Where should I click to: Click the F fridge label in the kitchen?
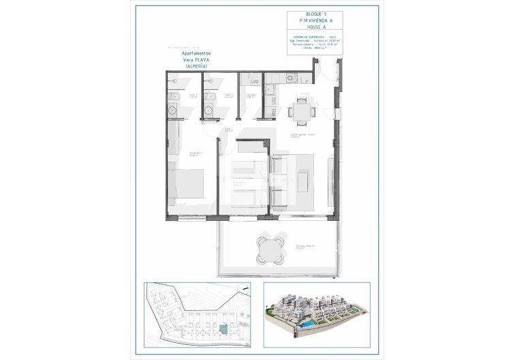(309, 80)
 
